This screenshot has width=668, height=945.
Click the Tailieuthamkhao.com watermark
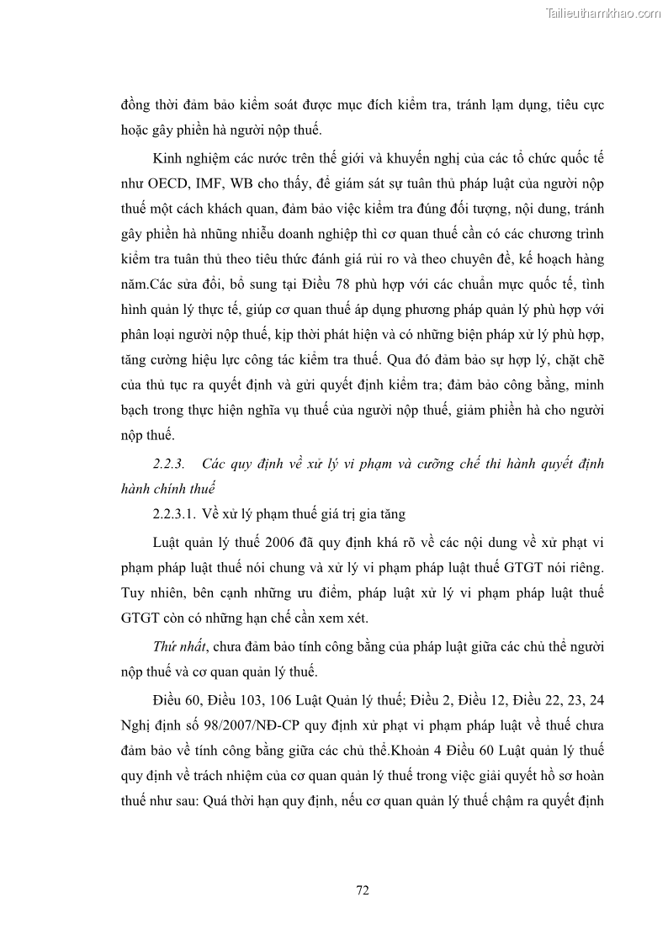click(603, 13)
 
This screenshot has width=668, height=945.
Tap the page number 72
click(363, 890)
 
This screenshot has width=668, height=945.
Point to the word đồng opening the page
click(135, 107)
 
